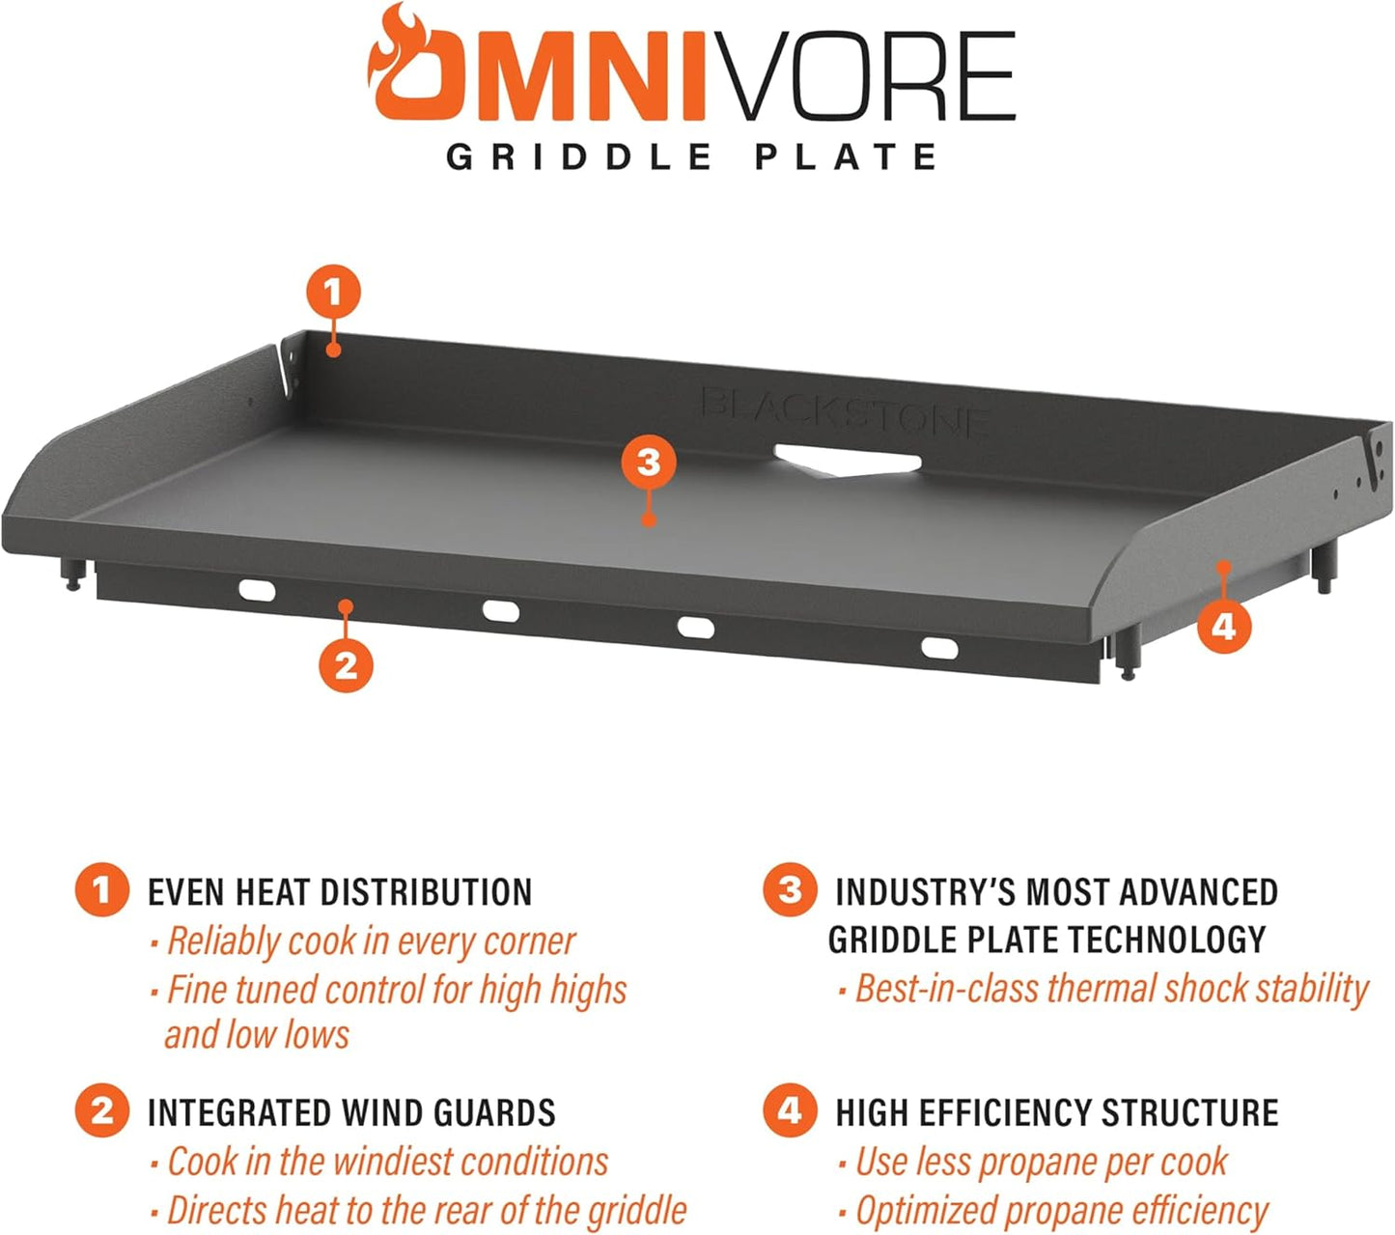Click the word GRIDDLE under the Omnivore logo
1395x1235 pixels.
[578, 157]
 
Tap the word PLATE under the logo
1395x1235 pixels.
[846, 157]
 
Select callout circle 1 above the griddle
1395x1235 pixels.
[333, 292]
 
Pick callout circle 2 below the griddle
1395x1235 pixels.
[346, 665]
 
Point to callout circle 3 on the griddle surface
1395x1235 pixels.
[649, 463]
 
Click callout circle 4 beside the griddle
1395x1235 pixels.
[1223, 626]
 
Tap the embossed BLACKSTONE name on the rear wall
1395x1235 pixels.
[845, 412]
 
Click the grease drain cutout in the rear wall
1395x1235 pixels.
[847, 461]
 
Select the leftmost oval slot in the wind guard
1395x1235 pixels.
[257, 591]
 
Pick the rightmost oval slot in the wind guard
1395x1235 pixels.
[939, 648]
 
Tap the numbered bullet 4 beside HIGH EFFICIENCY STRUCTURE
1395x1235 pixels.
[790, 1110]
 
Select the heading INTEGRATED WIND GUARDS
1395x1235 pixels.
[351, 1112]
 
